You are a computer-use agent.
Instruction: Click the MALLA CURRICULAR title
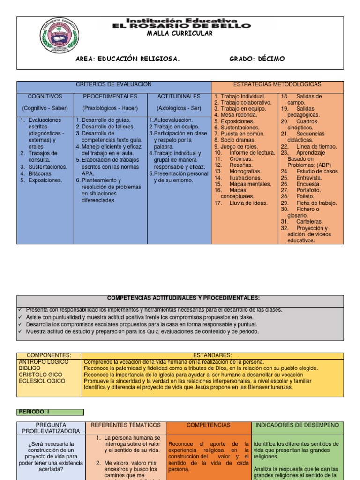pyautogui.click(x=180, y=34)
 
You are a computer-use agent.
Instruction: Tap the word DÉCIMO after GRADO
pyautogui.click(x=270, y=59)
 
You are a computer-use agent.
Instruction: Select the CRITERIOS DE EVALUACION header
pyautogui.click(x=114, y=84)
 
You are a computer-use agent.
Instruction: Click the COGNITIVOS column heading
pyautogui.click(x=45, y=96)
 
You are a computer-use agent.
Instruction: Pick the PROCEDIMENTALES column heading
pyautogui.click(x=110, y=96)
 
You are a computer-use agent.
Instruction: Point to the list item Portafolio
pyautogui.click(x=307, y=190)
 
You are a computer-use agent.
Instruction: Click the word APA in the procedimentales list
pyautogui.click(x=88, y=173)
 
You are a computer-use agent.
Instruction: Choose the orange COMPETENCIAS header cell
pyautogui.click(x=209, y=425)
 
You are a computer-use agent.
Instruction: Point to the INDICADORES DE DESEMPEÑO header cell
pyautogui.click(x=297, y=425)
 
